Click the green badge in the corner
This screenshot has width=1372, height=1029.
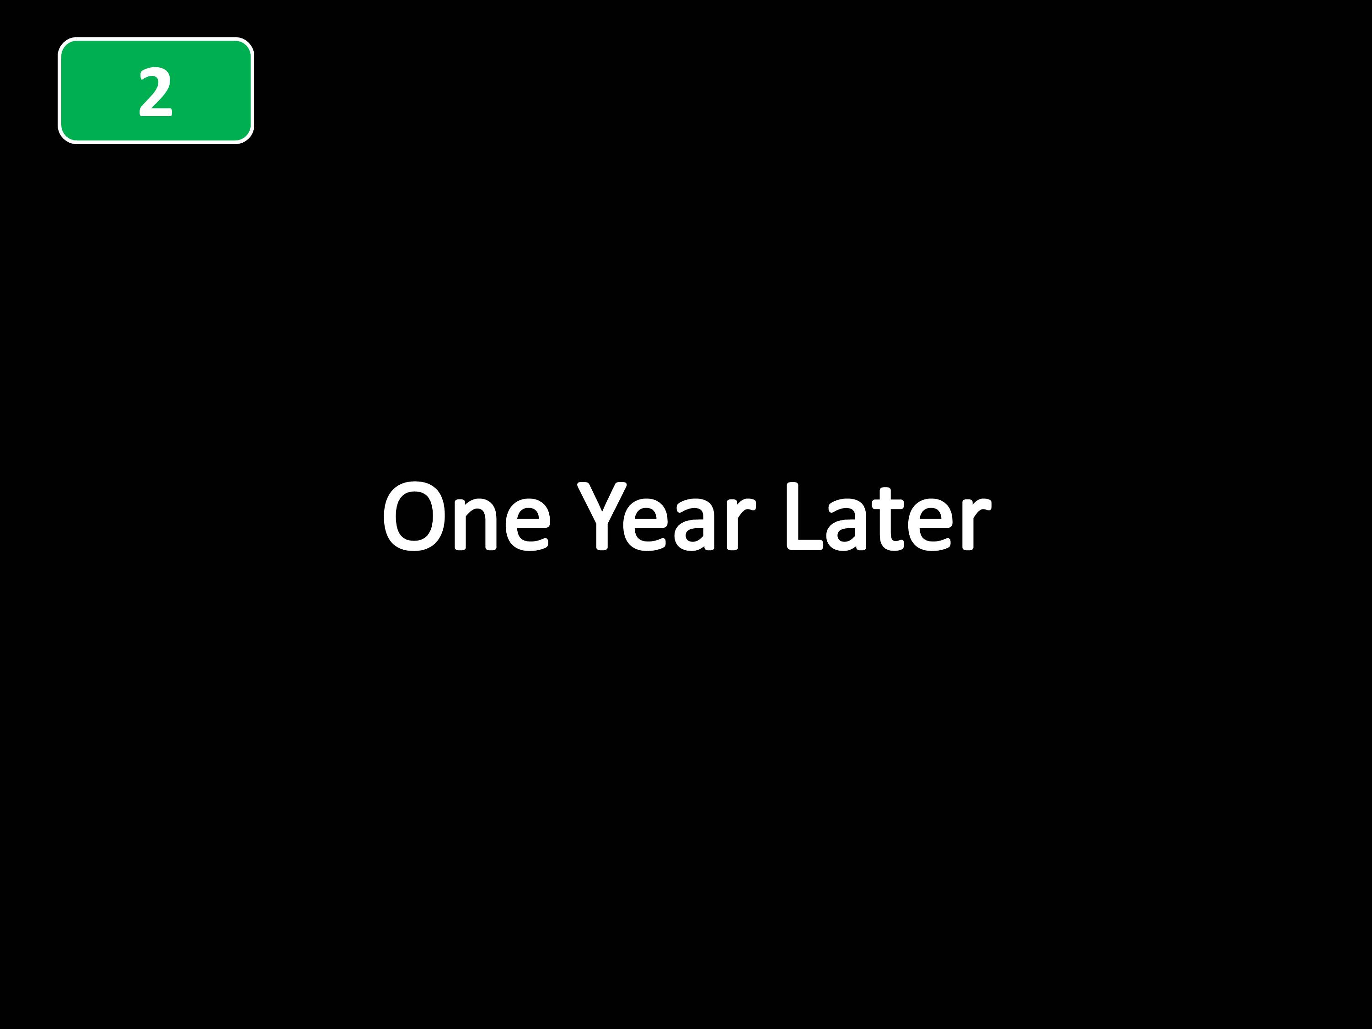tap(155, 91)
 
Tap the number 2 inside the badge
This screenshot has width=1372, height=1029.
tap(155, 92)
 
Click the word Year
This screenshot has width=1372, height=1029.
tap(666, 515)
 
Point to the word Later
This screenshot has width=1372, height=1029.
tap(889, 515)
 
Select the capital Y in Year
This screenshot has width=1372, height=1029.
tap(602, 515)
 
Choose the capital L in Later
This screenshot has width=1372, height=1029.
tap(804, 515)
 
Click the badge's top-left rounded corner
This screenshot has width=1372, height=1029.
tap(64, 43)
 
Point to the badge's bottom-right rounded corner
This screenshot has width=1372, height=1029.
tap(248, 138)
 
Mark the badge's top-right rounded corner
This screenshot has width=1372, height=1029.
tap(248, 43)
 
